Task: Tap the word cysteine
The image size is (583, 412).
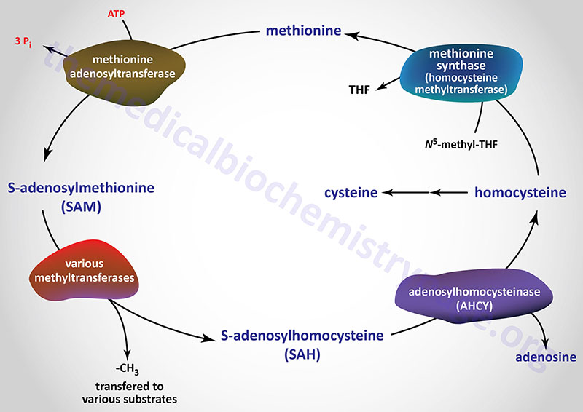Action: coord(351,193)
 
